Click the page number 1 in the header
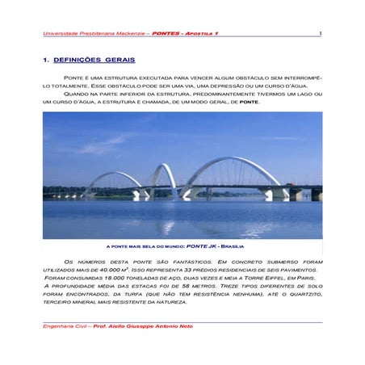click(x=320, y=34)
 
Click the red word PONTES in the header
click(x=166, y=34)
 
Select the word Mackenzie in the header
click(x=128, y=34)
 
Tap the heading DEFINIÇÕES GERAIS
click(x=95, y=61)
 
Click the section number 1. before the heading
click(x=46, y=61)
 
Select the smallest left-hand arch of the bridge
click(x=114, y=178)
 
